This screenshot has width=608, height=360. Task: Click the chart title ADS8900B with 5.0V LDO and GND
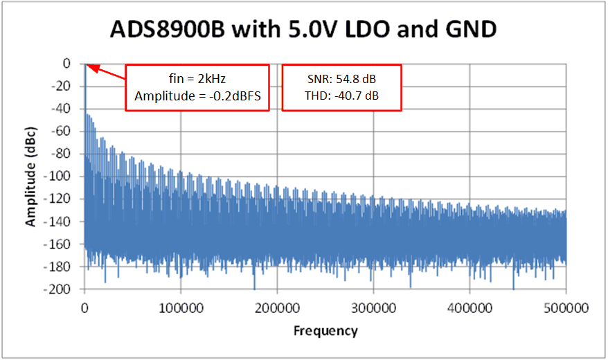coord(304,30)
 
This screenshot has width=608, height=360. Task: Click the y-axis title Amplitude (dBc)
coord(31,176)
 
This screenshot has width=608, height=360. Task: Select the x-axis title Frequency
coord(325,331)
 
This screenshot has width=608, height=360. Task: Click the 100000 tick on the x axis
coord(181,306)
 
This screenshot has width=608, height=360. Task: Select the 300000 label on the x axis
coord(374,306)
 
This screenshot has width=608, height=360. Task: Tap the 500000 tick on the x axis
coord(566,306)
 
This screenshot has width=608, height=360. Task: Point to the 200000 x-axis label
coord(277,306)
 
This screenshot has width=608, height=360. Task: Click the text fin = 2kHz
coord(197,80)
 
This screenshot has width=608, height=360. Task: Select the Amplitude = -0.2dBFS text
coord(197,96)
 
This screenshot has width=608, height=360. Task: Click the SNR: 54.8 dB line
coord(342,80)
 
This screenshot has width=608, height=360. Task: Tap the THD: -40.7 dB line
coord(342,96)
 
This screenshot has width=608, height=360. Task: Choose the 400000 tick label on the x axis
coord(470,306)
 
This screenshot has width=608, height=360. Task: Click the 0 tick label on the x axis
coord(84,306)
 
